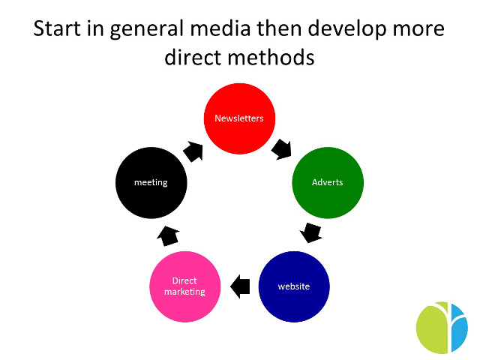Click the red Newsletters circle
[x=239, y=118]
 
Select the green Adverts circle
[x=328, y=183]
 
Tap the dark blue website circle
[x=294, y=286]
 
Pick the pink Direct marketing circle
[x=185, y=286]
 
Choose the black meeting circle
[x=151, y=183]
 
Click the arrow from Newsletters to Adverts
[x=282, y=149]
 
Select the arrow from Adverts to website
[x=311, y=232]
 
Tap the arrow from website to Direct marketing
[x=240, y=286]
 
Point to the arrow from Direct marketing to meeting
[x=168, y=236]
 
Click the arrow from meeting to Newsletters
[x=193, y=151]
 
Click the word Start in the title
[x=58, y=28]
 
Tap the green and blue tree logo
[x=442, y=327]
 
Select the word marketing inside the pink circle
[x=184, y=292]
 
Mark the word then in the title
[x=279, y=28]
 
